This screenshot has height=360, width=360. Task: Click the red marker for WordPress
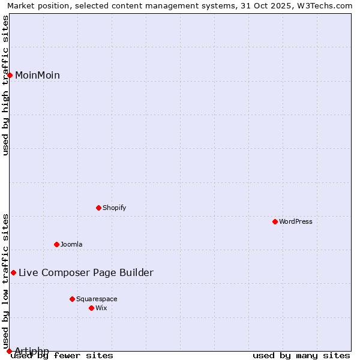coord(275,221)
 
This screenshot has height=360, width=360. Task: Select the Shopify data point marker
coord(99,208)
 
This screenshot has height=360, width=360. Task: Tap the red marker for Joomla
coord(57,244)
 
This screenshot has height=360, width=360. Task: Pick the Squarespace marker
coord(73,299)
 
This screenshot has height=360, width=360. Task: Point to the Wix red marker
coord(92,308)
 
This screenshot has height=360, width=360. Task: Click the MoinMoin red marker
coord(10,75)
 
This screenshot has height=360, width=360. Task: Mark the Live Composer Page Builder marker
coord(14,272)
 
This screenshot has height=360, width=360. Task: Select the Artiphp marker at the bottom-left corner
coord(9,351)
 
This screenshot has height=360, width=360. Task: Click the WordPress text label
coord(296,221)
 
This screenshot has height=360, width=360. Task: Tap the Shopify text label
coord(114,208)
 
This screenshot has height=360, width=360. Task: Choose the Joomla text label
coord(71,244)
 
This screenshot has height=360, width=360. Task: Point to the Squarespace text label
coord(97,299)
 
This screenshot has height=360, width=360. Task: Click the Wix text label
coord(101,308)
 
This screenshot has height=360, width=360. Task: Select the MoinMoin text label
coord(37,75)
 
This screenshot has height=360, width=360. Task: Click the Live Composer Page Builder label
coord(86,272)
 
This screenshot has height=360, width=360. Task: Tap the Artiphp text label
coord(32,350)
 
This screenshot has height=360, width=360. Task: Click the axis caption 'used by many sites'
coord(301,356)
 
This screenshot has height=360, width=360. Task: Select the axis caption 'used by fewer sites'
coord(62,356)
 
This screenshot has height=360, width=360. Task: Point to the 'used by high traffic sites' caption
coord(6,85)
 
